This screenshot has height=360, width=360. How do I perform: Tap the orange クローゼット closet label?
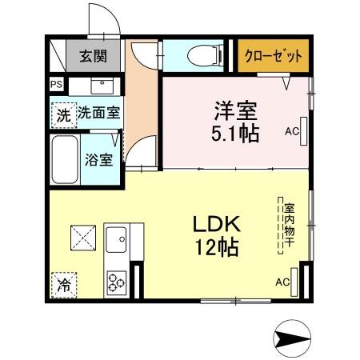coord(273,56)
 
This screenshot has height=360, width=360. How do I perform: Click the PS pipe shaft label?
coord(55,84)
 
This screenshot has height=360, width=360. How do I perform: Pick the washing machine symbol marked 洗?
coord(62,114)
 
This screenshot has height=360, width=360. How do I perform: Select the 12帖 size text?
coord(213,247)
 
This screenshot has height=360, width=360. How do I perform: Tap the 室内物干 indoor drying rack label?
coord(288,226)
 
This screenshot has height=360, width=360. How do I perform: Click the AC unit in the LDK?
coord(297,281)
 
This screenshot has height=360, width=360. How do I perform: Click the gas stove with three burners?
coord(117,281)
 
